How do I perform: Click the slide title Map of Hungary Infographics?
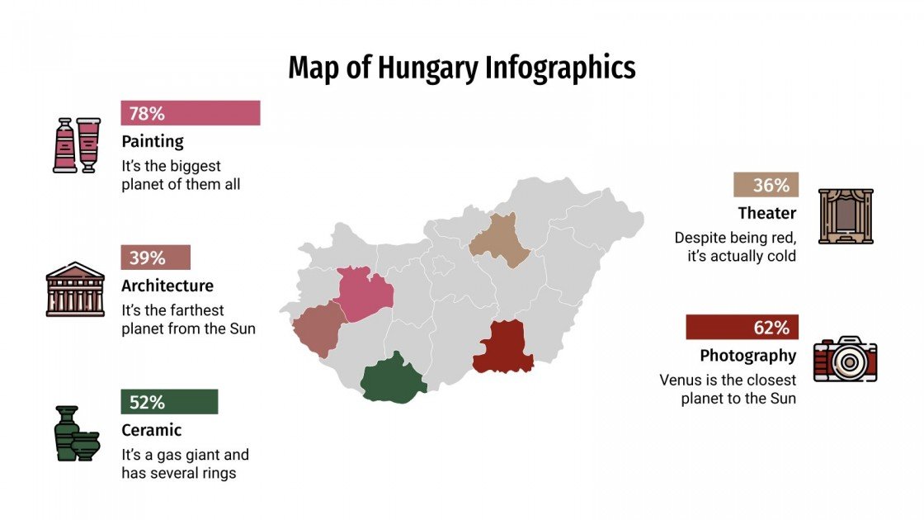[x=461, y=69]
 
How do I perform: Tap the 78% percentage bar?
[x=190, y=113]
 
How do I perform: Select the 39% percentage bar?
[x=155, y=258]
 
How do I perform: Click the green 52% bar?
[x=169, y=402]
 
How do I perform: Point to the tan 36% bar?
[x=765, y=186]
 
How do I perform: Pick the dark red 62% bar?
[x=741, y=328]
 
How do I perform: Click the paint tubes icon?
[x=76, y=144]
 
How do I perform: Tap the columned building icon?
[x=75, y=290]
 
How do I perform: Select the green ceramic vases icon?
[x=76, y=433]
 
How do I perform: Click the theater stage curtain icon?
[x=845, y=216]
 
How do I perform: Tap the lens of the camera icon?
[x=846, y=362]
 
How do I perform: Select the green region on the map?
[x=393, y=381]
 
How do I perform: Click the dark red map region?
[x=504, y=347]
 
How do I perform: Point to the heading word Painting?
[x=153, y=141]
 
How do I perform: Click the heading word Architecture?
[x=167, y=286]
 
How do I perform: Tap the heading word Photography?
[x=747, y=356]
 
